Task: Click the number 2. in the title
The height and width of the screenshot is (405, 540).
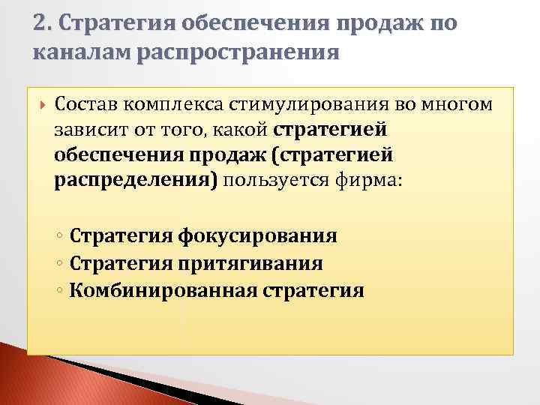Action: point(43,24)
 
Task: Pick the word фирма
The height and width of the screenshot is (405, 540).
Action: point(370,181)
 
